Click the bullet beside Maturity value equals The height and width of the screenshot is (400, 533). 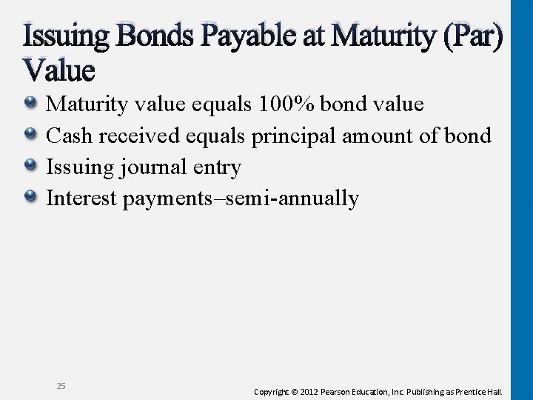click(32, 104)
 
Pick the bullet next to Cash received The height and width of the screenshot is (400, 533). click(32, 136)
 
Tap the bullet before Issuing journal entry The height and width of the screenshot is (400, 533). click(32, 167)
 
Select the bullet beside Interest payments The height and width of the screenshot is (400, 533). click(32, 199)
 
